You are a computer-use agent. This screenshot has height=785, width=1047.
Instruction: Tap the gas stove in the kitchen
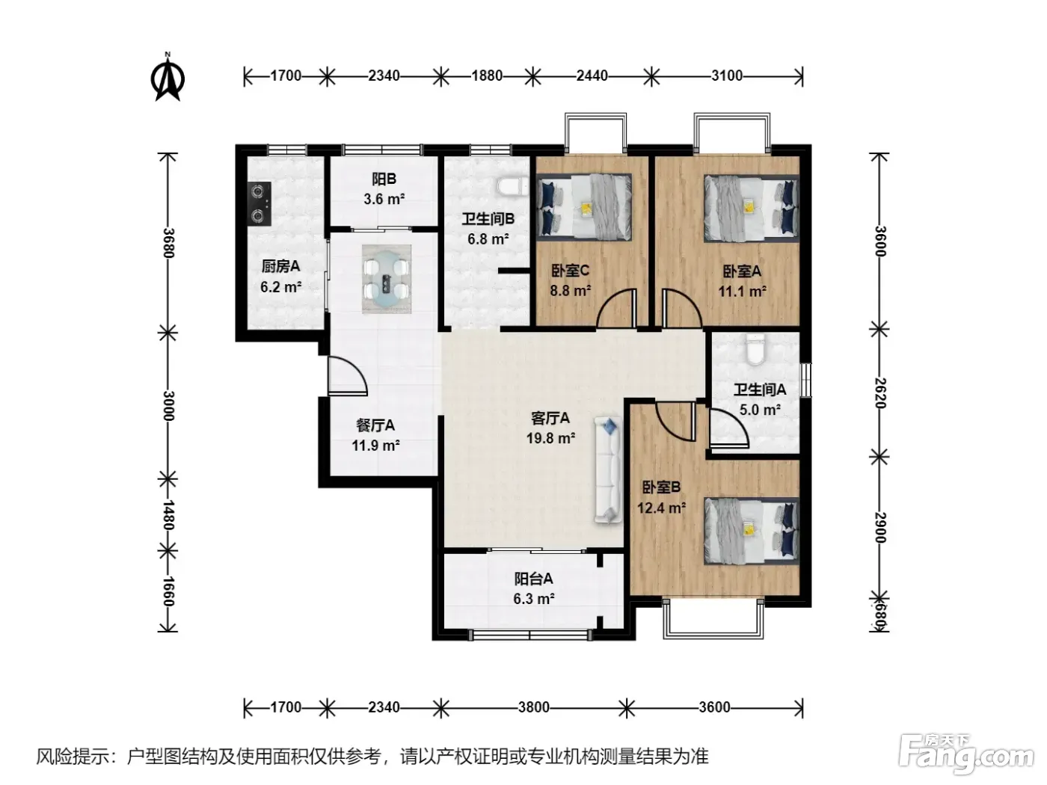[259, 203]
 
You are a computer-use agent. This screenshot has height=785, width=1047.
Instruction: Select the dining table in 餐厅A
[387, 280]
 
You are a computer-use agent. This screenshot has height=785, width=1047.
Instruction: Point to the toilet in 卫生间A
[755, 349]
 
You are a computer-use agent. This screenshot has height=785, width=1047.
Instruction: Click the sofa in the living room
[608, 470]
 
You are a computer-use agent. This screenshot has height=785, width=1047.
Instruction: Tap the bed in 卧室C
[584, 206]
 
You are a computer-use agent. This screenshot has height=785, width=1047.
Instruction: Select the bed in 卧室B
[752, 531]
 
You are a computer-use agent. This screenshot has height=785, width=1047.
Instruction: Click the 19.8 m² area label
[550, 438]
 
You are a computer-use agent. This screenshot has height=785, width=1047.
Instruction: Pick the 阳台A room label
[533, 579]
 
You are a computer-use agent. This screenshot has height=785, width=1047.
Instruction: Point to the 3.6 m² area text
[384, 199]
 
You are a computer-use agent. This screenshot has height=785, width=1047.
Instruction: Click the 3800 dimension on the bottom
[534, 706]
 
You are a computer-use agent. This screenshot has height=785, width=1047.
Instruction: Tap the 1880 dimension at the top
[487, 76]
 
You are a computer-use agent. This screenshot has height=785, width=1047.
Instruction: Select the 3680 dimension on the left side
[168, 243]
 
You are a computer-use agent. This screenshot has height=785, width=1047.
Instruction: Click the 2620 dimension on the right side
[880, 393]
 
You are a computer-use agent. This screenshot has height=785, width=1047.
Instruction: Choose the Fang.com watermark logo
[966, 754]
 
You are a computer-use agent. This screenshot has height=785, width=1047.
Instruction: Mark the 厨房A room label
[280, 266]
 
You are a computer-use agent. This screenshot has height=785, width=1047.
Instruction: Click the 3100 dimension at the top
[726, 76]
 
